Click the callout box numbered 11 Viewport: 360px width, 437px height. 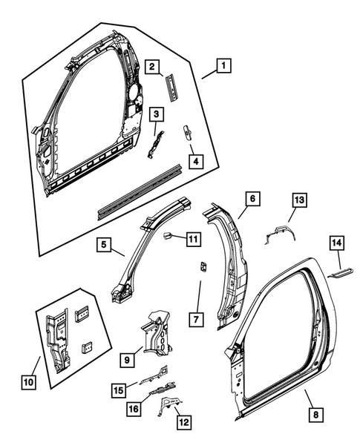pos(192,239)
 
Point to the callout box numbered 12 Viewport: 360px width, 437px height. pos(182,422)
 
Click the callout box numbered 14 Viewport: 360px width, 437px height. pos(336,242)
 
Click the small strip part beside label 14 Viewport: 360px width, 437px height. pos(341,272)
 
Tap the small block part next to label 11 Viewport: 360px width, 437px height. pos(168,237)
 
